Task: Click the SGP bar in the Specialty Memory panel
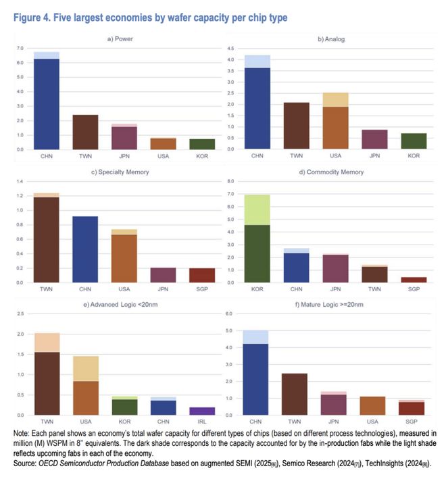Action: coord(201,275)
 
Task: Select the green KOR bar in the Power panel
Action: coord(201,144)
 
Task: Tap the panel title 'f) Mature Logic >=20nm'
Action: coord(331,305)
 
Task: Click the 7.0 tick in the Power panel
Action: coord(19,49)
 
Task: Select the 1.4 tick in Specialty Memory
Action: coord(19,182)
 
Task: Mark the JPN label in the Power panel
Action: coord(124,155)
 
